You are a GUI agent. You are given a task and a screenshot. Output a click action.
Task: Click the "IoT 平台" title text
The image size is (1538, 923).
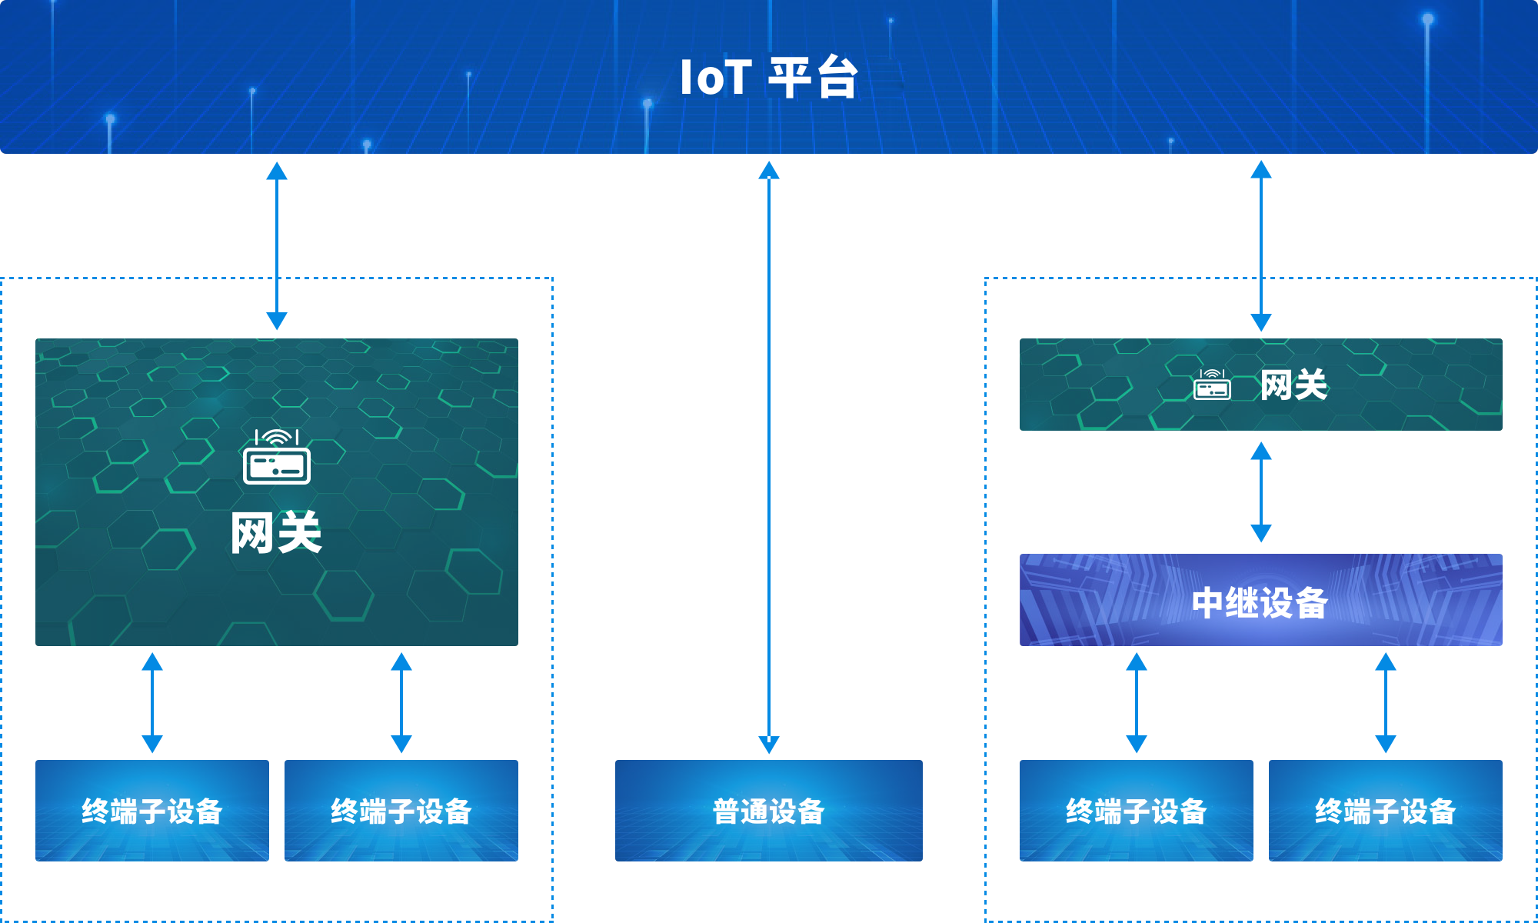768,77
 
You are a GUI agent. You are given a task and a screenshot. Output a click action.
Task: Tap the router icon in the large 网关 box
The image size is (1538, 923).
277,457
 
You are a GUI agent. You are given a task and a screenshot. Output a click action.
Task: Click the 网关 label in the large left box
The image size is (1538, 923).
277,532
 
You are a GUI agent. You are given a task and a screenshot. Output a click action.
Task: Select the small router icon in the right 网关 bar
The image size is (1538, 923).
1212,385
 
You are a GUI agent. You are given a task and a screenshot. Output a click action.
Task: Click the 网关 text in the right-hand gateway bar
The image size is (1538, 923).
1294,385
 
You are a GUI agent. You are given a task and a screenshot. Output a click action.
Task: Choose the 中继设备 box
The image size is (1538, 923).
1261,600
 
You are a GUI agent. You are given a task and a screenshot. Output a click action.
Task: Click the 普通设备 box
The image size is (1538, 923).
769,811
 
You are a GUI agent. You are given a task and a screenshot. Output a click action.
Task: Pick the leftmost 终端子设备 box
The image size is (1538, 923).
152,811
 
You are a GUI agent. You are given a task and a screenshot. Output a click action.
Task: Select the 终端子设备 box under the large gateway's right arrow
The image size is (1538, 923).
401,811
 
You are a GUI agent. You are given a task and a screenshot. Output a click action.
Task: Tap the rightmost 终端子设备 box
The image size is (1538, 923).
1386,811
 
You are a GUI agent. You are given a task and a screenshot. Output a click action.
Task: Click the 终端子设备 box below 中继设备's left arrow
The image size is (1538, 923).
1137,811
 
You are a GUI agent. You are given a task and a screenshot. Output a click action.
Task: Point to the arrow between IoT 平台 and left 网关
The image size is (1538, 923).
277,245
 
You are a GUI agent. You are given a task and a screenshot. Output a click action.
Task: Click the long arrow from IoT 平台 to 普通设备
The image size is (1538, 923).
769,457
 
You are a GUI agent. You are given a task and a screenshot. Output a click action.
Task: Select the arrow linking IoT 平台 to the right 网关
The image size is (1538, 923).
1261,245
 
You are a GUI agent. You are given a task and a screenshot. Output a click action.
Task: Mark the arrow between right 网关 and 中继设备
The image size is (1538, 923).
1261,492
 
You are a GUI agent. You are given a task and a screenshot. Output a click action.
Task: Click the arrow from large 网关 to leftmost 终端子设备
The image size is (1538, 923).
152,702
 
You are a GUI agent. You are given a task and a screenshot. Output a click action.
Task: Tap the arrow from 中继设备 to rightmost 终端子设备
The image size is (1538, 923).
1386,702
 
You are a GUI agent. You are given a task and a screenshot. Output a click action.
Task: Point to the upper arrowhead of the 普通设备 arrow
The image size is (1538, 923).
769,170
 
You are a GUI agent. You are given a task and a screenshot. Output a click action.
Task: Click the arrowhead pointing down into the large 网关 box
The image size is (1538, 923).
277,322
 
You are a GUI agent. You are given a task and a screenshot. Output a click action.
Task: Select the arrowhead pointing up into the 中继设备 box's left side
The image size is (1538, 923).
1137,661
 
